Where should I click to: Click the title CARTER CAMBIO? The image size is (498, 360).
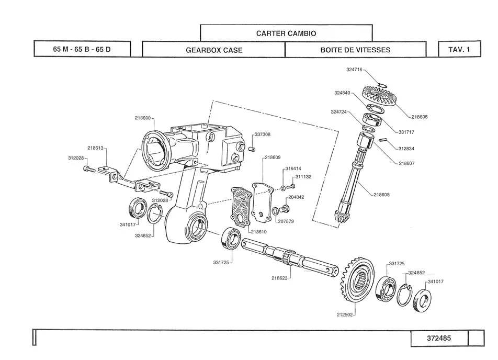click(286, 33)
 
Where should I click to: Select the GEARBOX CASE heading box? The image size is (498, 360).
click(214, 50)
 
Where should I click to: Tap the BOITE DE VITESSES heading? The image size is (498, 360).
click(355, 50)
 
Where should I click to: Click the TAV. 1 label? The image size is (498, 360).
click(459, 50)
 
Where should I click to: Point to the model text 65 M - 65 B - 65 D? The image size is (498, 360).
click(82, 50)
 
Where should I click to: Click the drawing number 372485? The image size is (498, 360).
click(438, 338)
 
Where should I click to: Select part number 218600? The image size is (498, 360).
click(143, 118)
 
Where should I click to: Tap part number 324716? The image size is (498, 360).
click(354, 70)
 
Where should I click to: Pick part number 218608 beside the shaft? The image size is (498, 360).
click(382, 195)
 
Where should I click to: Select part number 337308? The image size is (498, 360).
click(263, 134)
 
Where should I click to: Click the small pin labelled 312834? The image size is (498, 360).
click(382, 140)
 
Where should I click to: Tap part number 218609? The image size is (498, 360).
click(273, 157)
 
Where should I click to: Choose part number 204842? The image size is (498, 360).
click(296, 197)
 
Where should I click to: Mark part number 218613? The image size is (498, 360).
click(95, 148)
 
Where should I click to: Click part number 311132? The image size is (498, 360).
click(303, 177)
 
